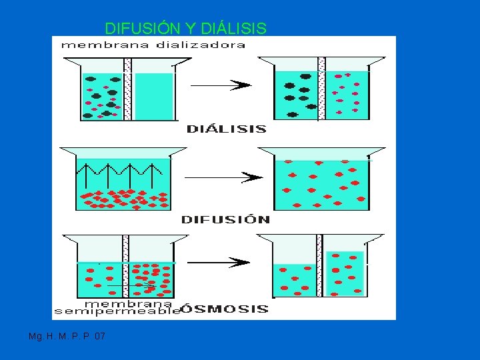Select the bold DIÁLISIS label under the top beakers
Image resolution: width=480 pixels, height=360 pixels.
click(x=227, y=129)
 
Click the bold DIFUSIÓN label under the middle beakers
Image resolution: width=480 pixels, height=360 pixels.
click(x=226, y=219)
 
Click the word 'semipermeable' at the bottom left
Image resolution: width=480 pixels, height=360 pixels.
click(x=117, y=311)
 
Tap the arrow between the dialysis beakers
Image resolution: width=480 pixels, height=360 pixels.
click(x=221, y=85)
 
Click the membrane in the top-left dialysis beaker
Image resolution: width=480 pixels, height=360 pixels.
click(x=127, y=90)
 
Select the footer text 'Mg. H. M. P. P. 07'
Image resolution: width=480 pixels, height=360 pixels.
click(x=67, y=337)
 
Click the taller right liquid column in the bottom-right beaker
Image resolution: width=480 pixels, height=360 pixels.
click(x=345, y=273)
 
